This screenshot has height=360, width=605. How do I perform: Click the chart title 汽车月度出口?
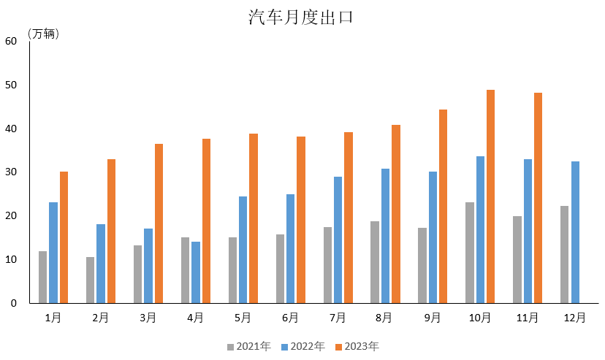point(301,18)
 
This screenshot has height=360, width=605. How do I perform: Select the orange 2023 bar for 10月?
point(490,196)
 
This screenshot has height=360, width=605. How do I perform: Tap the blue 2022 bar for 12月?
point(575,232)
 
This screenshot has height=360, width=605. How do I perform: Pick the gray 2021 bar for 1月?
point(42,277)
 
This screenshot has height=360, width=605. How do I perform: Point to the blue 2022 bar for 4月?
point(195,272)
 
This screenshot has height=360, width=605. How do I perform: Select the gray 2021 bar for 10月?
point(469,253)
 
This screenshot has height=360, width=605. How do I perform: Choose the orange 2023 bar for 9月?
point(443,206)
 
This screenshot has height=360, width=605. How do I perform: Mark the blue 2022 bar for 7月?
point(338,240)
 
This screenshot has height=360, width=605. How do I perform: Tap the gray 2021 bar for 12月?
point(564,254)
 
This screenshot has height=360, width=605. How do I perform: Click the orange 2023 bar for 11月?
point(538,198)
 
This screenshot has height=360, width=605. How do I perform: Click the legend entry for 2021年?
point(248,346)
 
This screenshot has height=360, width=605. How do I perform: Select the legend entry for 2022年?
point(302,346)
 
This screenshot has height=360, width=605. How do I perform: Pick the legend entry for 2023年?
point(357,346)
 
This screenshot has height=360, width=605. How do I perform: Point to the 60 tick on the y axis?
point(11,42)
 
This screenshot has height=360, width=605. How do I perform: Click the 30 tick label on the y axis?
point(11,172)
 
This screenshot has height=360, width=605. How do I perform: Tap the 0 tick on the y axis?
point(14,303)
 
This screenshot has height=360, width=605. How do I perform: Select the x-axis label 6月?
point(290,318)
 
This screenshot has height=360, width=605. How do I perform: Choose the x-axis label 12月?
point(575,318)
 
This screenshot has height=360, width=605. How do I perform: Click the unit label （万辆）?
point(43,34)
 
